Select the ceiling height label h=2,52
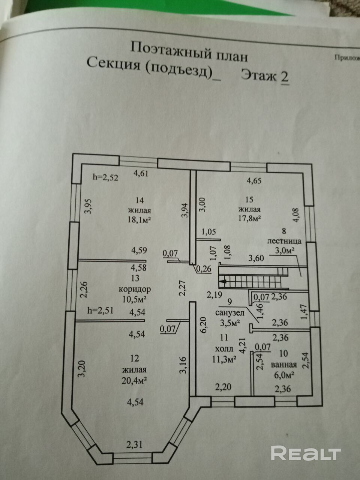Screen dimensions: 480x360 (x=105, y=178)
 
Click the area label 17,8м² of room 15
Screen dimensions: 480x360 (x=248, y=217)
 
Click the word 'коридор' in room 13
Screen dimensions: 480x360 (x=135, y=289)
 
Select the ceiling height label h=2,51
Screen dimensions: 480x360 (x=100, y=310)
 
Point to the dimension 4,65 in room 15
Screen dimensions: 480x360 (x=254, y=180)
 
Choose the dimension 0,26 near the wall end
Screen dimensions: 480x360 (x=204, y=268)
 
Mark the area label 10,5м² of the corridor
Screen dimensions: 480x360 (x=134, y=299)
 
